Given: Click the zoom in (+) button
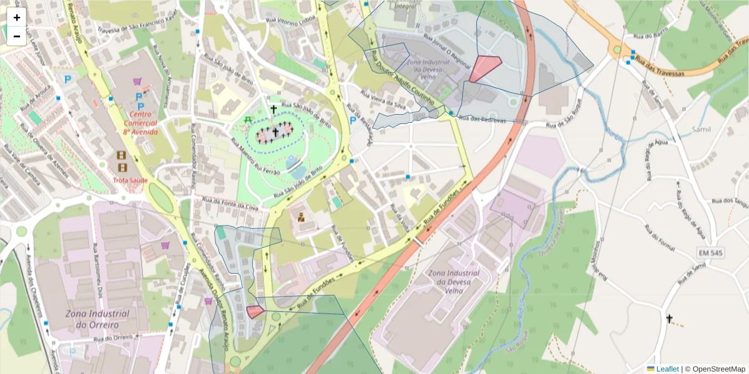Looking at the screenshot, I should coord(17,17).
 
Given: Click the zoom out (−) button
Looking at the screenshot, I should coord(17,36).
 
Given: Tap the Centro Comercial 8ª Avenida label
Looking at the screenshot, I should coord(140,123).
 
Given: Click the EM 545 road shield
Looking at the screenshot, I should coord(711,252).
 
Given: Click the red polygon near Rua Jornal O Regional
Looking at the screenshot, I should coord(484,67).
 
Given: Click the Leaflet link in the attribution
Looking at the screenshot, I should coord(667,369).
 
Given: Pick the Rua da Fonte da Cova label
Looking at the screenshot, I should coord(227,203).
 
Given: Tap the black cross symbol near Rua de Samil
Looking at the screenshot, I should coord(669,319).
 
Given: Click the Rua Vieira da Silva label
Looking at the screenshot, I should coord(384,101).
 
